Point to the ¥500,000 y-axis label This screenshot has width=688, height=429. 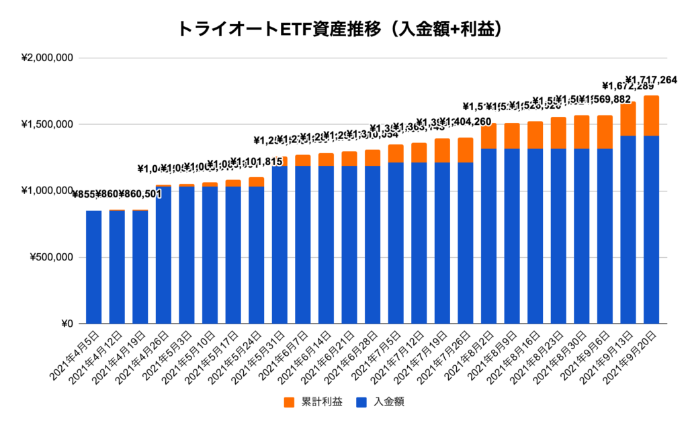[x=50, y=257]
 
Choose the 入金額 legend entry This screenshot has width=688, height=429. [x=380, y=402]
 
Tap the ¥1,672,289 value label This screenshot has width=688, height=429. [x=628, y=86]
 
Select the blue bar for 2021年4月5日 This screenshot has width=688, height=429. [x=94, y=267]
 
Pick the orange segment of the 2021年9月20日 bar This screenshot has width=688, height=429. [x=651, y=115]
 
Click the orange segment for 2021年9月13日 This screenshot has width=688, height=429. [x=628, y=119]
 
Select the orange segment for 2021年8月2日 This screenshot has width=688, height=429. [x=488, y=136]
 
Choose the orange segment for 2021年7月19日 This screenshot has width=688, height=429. [x=442, y=150]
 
